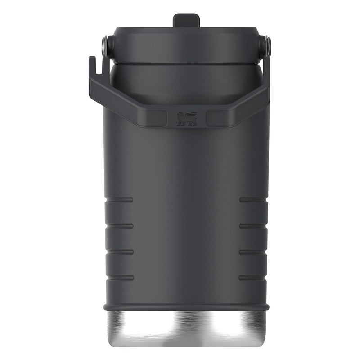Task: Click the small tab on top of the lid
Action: [x=186, y=21]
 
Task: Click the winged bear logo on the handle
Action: [x=187, y=118]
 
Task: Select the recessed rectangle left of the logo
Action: [x=159, y=118]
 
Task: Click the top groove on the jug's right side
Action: [x=253, y=199]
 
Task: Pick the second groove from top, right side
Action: [x=253, y=225]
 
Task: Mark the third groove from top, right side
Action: [x=253, y=252]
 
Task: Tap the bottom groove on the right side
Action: [x=253, y=278]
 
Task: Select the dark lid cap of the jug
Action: [x=186, y=45]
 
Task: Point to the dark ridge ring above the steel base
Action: [x=186, y=307]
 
